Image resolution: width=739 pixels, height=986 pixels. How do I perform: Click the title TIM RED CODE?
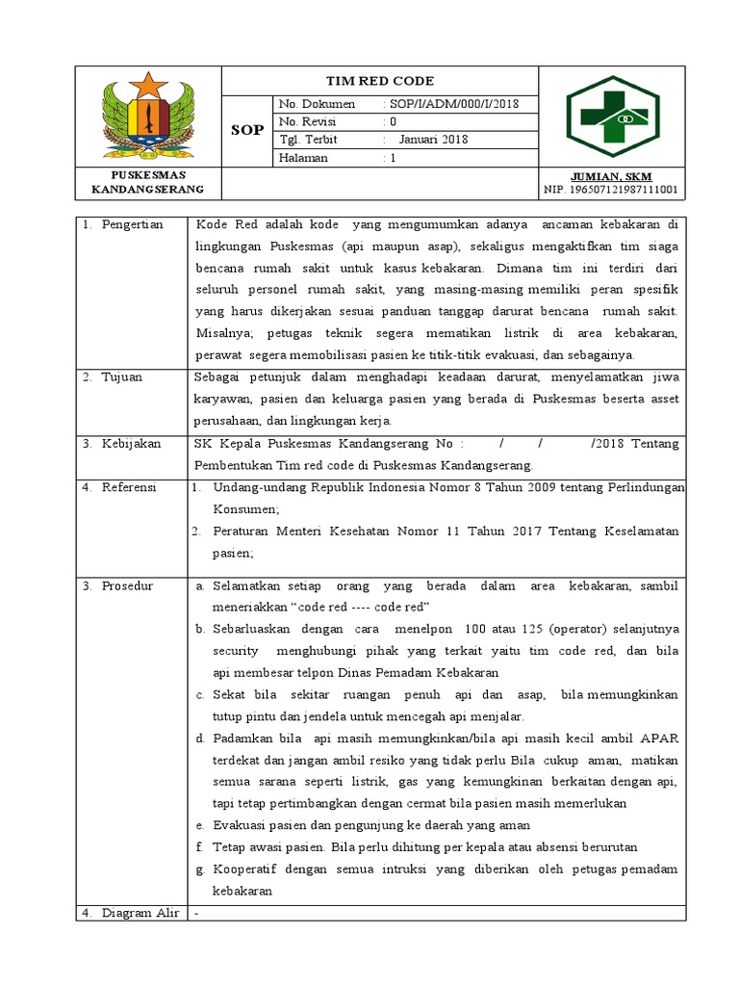pyautogui.click(x=380, y=81)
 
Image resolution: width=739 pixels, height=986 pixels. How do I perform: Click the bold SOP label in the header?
pyautogui.click(x=247, y=130)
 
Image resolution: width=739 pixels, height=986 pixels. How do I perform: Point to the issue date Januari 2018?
pyautogui.click(x=433, y=140)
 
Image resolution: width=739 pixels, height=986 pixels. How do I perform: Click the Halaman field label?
pyautogui.click(x=303, y=158)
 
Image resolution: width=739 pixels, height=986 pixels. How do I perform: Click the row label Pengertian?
pyautogui.click(x=133, y=224)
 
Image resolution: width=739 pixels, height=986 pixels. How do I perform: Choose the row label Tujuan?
pyautogui.click(x=122, y=376)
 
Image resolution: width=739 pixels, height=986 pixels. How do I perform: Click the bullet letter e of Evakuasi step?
pyautogui.click(x=198, y=825)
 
